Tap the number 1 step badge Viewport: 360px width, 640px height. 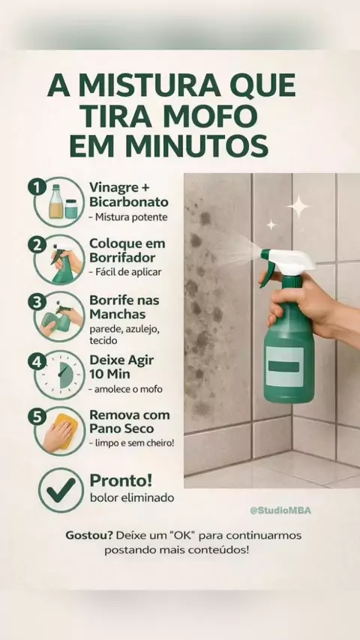click(37, 187)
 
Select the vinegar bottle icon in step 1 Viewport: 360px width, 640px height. click(55, 202)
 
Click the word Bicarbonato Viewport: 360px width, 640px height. click(129, 202)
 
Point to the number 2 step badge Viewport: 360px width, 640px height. click(37, 244)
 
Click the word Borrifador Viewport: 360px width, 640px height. click(122, 258)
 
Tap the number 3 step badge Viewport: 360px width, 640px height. click(37, 303)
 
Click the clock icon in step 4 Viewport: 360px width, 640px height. click(59, 375)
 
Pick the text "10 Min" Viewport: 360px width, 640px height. click(109, 374)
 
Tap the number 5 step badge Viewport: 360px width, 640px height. click(37, 417)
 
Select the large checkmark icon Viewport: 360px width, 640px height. click(61, 490)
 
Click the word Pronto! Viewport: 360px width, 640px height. click(121, 480)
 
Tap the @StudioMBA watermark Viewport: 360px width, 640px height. click(280, 510)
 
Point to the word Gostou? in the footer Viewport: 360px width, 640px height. click(89, 535)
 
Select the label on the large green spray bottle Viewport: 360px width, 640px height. click(285, 366)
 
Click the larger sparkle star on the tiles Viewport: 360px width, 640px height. click(299, 207)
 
